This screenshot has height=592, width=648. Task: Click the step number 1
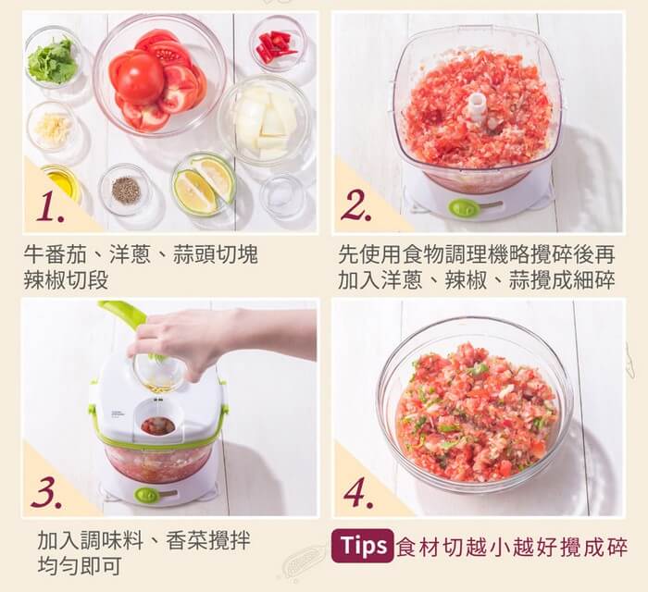click(50, 209)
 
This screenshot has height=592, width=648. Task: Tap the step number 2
click(356, 205)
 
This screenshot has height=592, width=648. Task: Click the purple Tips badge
click(363, 546)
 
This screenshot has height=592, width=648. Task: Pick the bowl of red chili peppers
click(278, 44)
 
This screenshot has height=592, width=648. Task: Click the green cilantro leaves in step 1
click(53, 61)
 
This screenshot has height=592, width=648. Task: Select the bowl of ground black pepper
click(126, 190)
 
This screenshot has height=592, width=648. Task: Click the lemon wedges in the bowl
click(205, 183)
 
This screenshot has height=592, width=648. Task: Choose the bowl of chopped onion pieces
click(266, 119)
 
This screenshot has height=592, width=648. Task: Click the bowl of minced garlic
click(53, 126)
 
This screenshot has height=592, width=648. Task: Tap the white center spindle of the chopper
click(477, 107)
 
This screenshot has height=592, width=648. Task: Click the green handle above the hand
click(124, 314)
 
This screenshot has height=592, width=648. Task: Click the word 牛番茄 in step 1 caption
click(55, 254)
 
